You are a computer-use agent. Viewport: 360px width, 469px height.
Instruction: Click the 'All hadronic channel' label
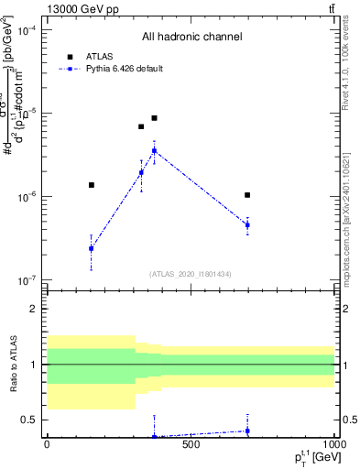click(x=191, y=38)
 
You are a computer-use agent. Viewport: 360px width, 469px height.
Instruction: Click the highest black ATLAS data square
click(x=155, y=118)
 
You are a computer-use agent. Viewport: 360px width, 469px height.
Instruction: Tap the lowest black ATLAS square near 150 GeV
click(x=91, y=185)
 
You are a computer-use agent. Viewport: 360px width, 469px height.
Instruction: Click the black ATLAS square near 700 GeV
click(x=247, y=195)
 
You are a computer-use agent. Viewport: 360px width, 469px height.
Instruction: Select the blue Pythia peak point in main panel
click(x=155, y=150)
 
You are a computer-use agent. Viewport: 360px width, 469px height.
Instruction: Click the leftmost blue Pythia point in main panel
click(x=91, y=248)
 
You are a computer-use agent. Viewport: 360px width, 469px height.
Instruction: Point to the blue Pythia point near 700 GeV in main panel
click(x=247, y=224)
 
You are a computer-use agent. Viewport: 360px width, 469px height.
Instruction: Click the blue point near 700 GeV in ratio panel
click(x=247, y=431)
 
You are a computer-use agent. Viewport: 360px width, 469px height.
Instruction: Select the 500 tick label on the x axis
click(x=191, y=445)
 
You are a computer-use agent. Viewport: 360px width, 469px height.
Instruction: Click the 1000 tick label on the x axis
click(x=332, y=445)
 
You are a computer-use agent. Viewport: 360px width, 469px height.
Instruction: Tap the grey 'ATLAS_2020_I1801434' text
click(x=191, y=273)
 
